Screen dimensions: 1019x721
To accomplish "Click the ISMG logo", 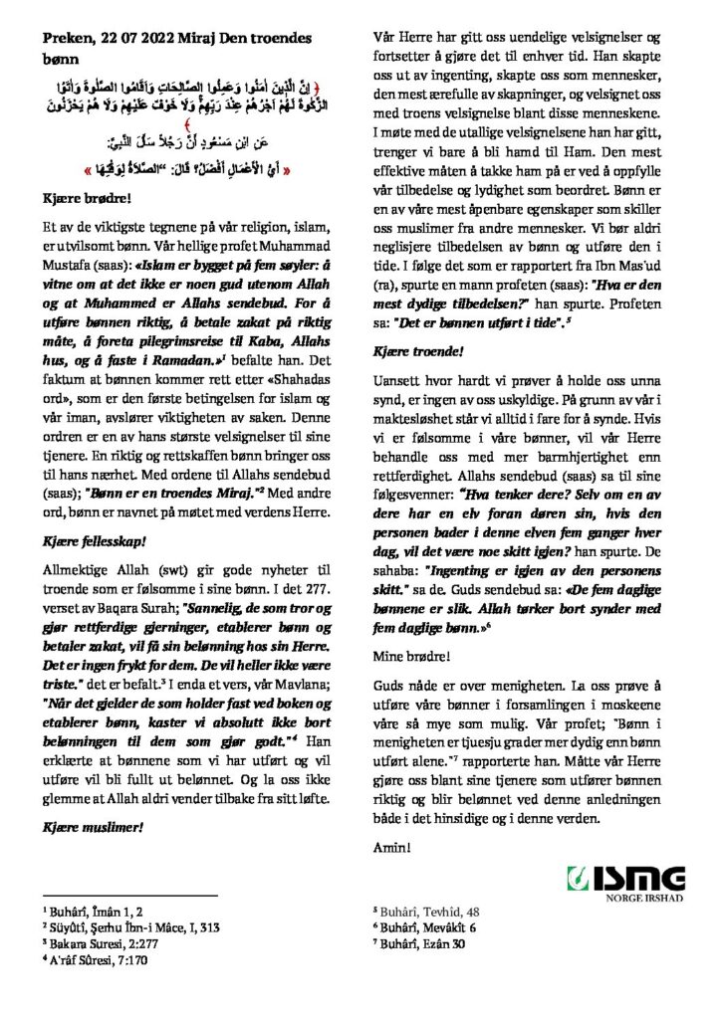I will (626, 880).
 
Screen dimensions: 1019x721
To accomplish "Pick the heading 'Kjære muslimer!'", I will (90, 827).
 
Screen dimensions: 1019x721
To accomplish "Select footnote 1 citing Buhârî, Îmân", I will (95, 910).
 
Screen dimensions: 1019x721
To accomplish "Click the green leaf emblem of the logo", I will (577, 880).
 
